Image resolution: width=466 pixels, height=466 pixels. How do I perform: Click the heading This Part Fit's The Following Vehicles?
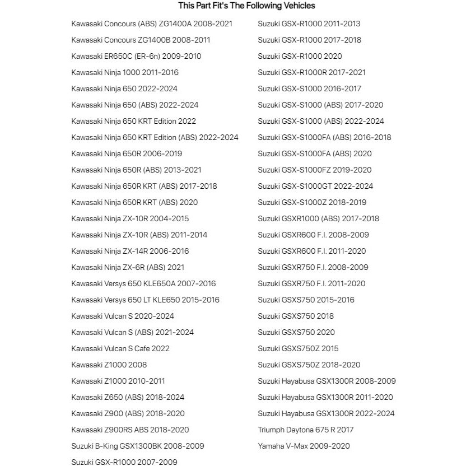[x=246, y=6]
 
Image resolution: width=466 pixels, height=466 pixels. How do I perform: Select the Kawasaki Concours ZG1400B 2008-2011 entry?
[x=141, y=40]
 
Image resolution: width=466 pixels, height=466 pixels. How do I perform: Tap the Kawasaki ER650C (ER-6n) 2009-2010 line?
[x=136, y=56]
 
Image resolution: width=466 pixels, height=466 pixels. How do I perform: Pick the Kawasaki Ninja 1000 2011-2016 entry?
[x=125, y=72]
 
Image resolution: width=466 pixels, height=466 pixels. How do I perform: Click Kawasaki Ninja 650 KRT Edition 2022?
[x=133, y=121]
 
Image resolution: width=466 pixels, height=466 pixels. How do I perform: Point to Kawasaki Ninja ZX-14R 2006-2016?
[x=130, y=251]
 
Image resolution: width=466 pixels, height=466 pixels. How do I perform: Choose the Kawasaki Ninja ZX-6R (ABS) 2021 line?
[x=128, y=267]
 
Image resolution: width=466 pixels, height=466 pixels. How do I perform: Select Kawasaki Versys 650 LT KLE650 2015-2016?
[x=145, y=300]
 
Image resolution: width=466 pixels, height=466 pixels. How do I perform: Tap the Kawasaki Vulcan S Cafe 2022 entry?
[x=120, y=348]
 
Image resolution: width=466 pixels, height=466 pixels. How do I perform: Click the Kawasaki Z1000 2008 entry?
[x=109, y=365]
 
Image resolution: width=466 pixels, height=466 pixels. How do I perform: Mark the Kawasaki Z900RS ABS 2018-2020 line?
[x=130, y=430]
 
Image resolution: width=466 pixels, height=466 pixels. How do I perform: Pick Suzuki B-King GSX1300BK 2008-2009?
[x=137, y=446]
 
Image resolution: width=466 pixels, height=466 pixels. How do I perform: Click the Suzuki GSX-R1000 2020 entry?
[x=300, y=56]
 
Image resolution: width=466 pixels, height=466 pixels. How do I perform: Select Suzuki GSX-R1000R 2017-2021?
[x=311, y=72]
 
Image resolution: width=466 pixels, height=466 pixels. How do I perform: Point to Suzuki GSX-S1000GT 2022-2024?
[x=315, y=186]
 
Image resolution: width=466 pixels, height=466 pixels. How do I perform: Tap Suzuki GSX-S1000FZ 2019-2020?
[x=314, y=170]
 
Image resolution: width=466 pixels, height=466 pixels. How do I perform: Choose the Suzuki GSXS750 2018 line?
[x=296, y=316]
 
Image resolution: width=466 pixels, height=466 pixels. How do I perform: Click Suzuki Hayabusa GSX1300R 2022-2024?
[x=326, y=413]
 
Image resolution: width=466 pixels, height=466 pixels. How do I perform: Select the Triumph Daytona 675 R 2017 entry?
[x=305, y=430]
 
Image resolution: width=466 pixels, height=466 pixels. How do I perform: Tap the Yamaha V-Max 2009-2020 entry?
[x=304, y=446]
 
